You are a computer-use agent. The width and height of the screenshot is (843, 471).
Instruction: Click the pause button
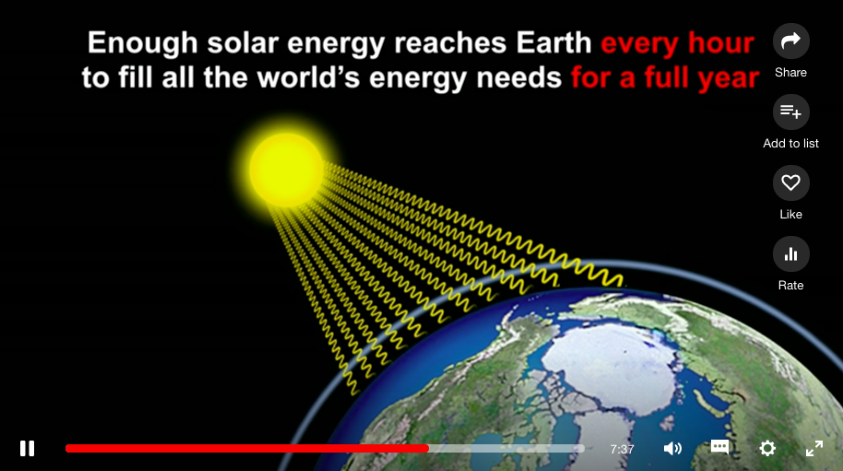27,449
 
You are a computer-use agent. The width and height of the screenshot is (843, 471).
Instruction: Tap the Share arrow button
790,41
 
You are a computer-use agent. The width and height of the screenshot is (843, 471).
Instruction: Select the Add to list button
790,112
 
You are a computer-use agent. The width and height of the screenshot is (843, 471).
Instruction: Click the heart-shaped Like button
790,183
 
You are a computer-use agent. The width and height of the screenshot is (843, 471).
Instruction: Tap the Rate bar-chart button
790,253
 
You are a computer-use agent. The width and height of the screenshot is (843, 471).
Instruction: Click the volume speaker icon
672,449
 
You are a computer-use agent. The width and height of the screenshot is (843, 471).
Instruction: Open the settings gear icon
767,448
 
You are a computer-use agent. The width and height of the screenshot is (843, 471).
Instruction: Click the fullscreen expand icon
814,449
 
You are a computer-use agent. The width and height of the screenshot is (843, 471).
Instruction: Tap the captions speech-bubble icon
719,447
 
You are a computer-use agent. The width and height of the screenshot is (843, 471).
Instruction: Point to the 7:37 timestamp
622,449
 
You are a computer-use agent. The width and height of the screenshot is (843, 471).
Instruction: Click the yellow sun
287,170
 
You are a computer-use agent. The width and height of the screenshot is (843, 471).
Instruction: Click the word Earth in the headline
553,42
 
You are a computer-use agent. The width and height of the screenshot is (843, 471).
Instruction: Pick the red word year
729,78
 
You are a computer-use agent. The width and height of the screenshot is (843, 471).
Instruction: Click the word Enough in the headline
142,43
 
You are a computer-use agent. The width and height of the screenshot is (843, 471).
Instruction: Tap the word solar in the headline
243,42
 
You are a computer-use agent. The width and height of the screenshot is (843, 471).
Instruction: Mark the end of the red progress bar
428,449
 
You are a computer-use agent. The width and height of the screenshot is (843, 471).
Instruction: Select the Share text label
790,73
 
